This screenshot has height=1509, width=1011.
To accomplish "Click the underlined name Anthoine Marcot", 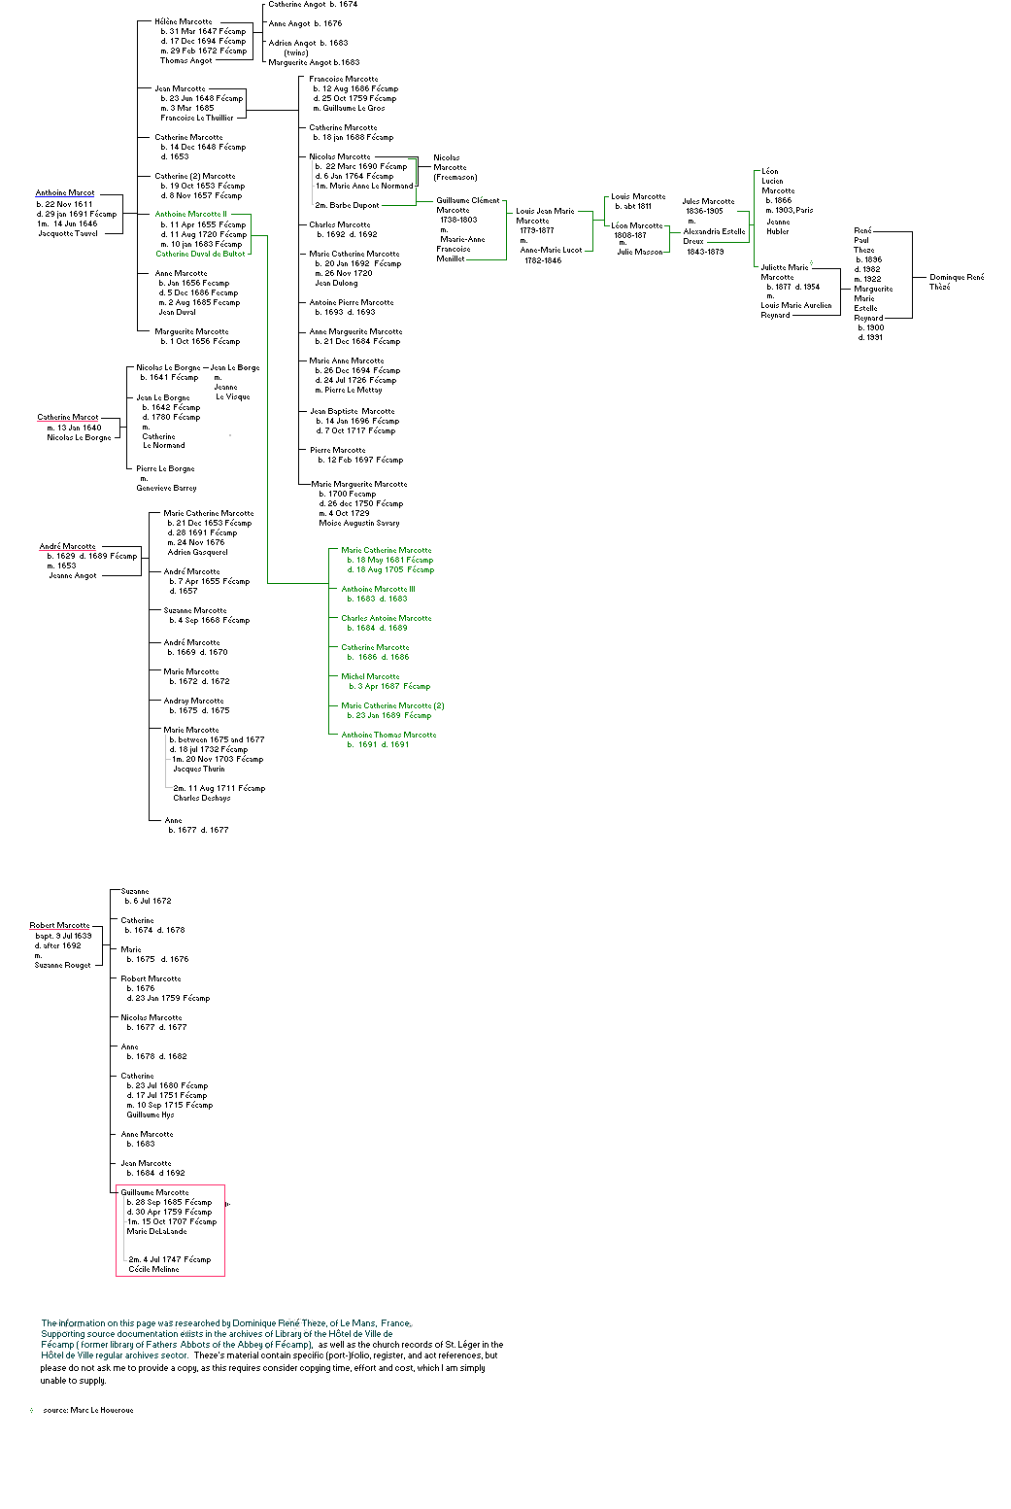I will point(65,193).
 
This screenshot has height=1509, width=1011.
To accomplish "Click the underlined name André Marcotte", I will point(68,547).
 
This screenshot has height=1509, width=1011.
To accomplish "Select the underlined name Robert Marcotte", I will point(59,926).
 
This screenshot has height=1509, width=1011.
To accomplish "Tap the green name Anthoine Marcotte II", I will point(190,215).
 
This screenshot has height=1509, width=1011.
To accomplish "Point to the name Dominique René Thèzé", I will point(956,282).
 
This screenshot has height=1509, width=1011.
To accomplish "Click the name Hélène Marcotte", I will point(183,21).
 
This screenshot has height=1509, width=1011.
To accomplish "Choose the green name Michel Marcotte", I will point(370,676).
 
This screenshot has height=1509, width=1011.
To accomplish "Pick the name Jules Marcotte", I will point(708,201).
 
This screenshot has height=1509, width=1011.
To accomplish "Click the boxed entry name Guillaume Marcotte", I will point(154,1192).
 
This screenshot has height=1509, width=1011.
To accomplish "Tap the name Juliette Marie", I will point(785,267).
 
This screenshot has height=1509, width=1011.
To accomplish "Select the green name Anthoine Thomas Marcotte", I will point(388,735).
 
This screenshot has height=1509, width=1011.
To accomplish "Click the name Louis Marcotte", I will point(638,196).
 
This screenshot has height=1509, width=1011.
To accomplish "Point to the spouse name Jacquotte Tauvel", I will point(68,234).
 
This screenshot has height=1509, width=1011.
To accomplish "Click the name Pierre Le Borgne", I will point(165,468).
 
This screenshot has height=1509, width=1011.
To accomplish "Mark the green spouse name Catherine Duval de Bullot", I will point(200,254).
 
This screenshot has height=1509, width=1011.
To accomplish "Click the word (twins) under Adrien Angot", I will point(296,52).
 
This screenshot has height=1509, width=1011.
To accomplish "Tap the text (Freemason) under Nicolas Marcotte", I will point(455,177).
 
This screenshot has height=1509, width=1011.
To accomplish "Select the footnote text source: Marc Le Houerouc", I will point(87,1410).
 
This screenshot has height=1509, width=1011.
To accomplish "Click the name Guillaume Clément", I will point(467,200).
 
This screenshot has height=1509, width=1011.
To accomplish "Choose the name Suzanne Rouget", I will point(62,965).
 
